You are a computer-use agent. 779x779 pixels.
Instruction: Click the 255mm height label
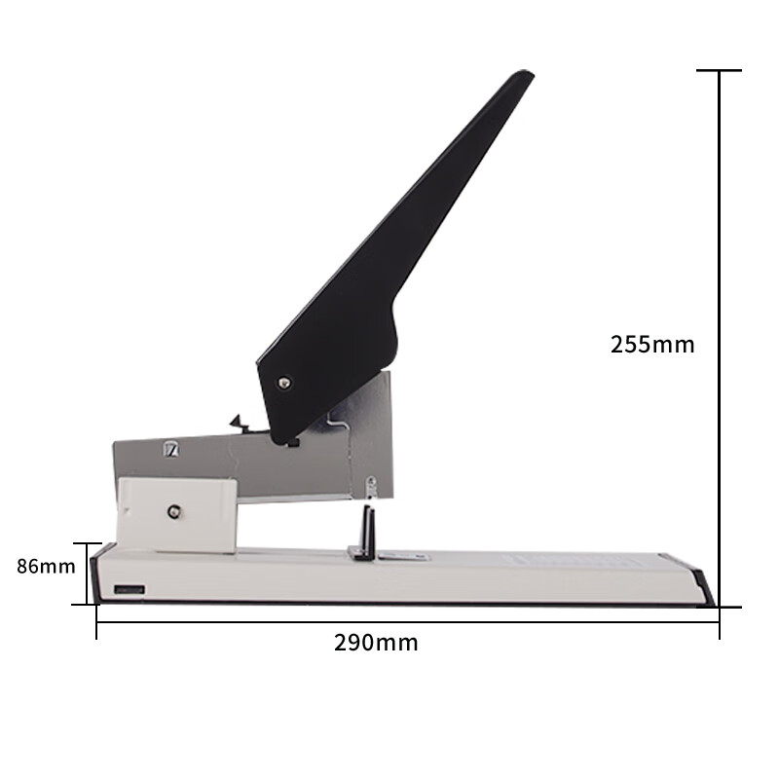pos(652,345)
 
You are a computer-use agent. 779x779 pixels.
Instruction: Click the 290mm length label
pos(376,643)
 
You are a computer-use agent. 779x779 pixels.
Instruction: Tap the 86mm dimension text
pos(46,567)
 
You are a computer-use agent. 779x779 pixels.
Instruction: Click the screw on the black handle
pos(284,383)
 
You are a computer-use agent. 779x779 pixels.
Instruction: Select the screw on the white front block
pos(174,510)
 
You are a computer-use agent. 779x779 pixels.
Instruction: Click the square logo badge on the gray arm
pos(171,449)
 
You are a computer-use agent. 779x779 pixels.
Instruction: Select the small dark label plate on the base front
pos(130,590)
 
